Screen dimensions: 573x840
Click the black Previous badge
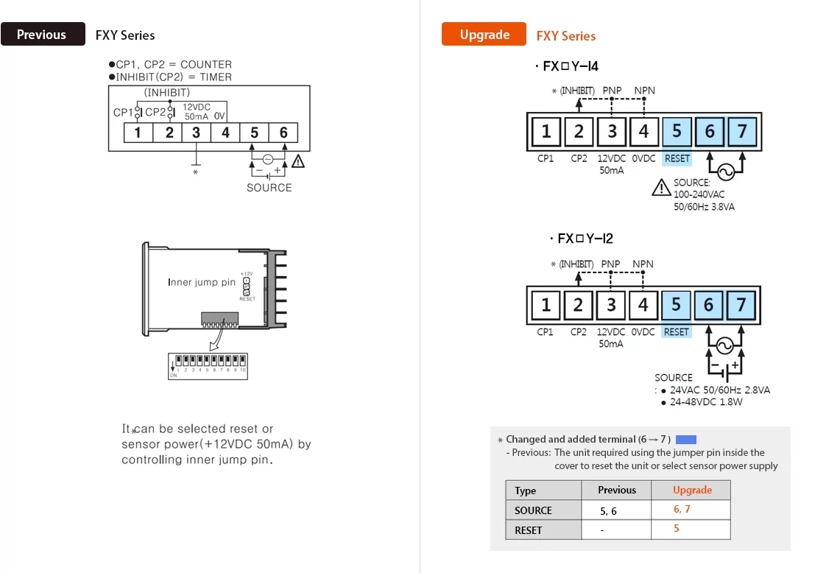click(43, 35)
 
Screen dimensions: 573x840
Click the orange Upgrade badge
click(484, 35)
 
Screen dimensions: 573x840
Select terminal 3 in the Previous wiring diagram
click(196, 133)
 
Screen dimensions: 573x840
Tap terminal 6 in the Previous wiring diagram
click(283, 133)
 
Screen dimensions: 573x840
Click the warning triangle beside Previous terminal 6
click(298, 161)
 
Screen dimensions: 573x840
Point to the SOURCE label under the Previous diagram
click(269, 188)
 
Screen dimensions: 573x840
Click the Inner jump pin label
click(202, 282)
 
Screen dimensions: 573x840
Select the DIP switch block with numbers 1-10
click(208, 365)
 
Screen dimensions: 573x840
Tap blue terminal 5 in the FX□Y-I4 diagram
click(677, 132)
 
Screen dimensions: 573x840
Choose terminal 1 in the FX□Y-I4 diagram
click(546, 132)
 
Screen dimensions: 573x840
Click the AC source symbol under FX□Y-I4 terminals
click(724, 172)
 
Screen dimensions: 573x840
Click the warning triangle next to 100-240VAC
click(661, 188)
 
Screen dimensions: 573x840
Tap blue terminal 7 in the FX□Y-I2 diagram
click(741, 305)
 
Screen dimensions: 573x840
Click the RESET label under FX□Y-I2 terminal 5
click(676, 332)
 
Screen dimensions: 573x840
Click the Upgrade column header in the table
click(692, 490)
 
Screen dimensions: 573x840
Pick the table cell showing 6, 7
click(682, 510)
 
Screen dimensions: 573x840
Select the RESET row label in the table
click(529, 530)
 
